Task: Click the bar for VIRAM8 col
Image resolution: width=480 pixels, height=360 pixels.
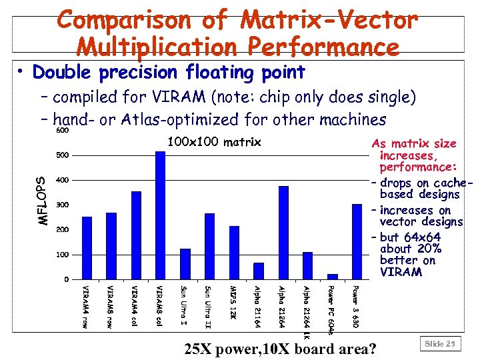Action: point(160,215)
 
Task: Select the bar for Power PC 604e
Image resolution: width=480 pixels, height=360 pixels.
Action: point(332,276)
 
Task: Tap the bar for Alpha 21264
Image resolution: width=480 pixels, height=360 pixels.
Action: point(283,233)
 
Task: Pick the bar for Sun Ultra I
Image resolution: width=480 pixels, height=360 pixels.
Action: point(185,264)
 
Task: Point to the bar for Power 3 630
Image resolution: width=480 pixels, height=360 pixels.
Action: point(357,241)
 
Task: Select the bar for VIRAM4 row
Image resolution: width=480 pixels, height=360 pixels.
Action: point(87,247)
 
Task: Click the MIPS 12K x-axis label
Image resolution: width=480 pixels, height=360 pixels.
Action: point(233,301)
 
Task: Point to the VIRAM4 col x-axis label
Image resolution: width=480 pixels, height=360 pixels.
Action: point(135,304)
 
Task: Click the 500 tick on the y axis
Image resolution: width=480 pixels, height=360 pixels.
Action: point(61,155)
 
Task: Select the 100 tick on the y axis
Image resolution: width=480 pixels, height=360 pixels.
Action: point(61,255)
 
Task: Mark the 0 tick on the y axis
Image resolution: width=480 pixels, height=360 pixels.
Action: point(65,279)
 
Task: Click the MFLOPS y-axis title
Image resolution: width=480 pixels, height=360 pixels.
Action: point(42,200)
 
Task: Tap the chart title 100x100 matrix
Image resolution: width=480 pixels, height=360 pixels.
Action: point(214,142)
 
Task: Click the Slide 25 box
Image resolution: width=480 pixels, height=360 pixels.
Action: point(440,343)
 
